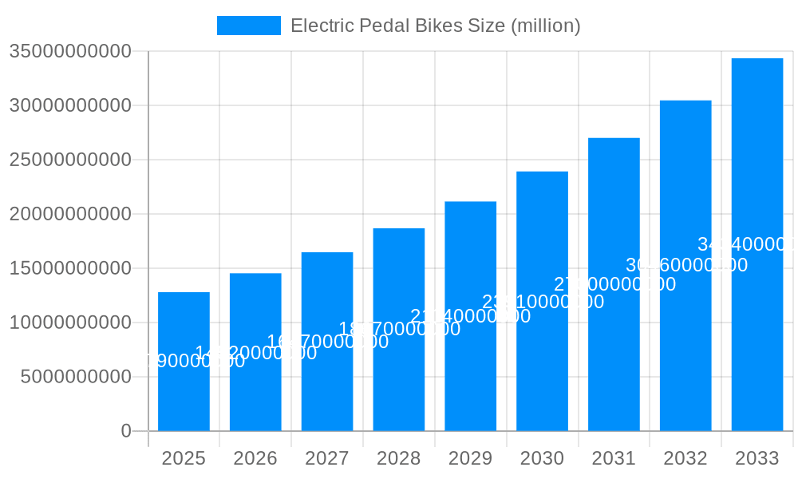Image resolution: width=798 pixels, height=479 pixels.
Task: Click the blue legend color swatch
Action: coord(248,26)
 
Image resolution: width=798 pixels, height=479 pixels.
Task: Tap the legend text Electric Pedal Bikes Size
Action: coord(435,26)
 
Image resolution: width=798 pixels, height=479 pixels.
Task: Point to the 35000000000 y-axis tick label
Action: coord(70,52)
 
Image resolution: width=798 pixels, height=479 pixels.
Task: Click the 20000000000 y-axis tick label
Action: coord(70,214)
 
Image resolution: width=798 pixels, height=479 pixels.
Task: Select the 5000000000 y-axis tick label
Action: coord(76,377)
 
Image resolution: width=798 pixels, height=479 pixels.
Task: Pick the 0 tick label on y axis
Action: coord(126,431)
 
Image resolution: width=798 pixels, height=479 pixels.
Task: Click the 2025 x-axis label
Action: coord(184,458)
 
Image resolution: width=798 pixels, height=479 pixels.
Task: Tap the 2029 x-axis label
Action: coord(470,458)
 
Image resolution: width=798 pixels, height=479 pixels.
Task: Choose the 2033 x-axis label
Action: coord(757,458)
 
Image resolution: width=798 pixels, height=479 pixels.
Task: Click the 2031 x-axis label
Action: coord(614,458)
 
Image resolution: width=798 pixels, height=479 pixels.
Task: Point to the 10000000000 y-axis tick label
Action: coord(70,323)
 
